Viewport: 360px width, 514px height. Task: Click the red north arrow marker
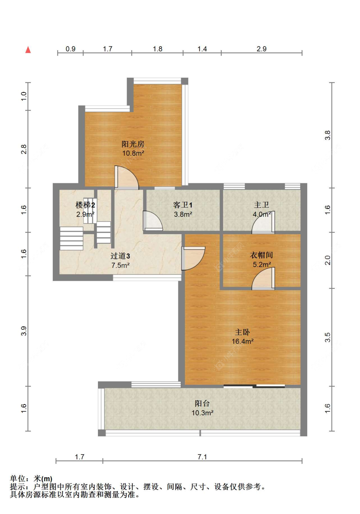click(x=28, y=50)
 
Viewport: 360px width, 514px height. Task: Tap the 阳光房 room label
click(x=133, y=144)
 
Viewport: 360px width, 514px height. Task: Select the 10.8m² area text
click(x=133, y=153)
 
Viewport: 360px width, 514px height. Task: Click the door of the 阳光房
click(x=126, y=178)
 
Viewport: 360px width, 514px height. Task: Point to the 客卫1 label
click(x=183, y=205)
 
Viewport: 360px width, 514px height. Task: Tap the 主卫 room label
click(x=261, y=205)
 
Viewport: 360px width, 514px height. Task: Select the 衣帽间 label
click(x=261, y=255)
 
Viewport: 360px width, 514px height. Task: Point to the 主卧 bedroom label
click(x=243, y=332)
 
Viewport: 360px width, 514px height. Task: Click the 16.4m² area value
click(x=243, y=341)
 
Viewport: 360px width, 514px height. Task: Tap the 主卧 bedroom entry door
click(x=193, y=258)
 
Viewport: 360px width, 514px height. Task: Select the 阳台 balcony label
click(x=202, y=403)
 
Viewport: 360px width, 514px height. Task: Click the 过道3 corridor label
click(x=120, y=256)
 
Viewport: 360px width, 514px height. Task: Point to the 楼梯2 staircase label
click(x=85, y=205)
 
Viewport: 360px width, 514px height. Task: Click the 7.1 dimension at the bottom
click(x=202, y=457)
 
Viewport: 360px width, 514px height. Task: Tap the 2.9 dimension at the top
click(x=261, y=49)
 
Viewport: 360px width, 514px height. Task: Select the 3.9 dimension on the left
click(x=24, y=331)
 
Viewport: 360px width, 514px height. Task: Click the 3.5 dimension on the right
click(x=327, y=337)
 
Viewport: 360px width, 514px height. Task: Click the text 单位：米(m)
click(x=31, y=478)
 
